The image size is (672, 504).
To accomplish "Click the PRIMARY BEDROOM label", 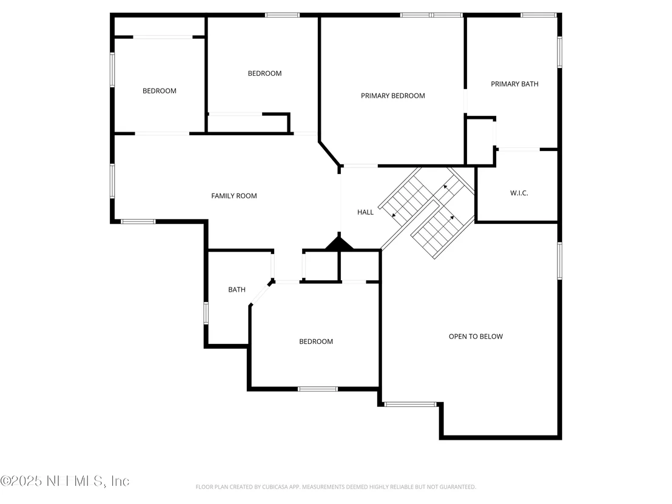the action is (x=392, y=96).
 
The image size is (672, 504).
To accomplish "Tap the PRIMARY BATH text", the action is (x=514, y=84).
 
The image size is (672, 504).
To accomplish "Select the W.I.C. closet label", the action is (x=519, y=193).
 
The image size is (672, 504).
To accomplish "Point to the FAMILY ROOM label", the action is (x=234, y=196).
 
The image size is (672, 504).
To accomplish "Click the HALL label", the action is (x=365, y=212).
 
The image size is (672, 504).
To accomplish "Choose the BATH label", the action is (x=237, y=290).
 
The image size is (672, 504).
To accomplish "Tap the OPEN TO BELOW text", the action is (x=475, y=337).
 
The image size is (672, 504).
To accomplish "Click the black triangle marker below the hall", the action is (x=339, y=242).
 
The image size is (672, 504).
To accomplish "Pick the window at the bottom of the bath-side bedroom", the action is (x=318, y=389).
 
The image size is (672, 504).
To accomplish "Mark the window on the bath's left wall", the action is (x=206, y=314).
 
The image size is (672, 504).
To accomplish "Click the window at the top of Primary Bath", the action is (x=539, y=15).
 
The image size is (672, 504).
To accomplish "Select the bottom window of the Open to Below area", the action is (x=410, y=404).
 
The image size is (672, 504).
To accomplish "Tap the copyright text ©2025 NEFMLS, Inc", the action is (x=65, y=481).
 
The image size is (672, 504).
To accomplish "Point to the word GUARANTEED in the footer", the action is (x=459, y=487).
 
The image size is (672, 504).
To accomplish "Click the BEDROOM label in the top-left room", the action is (x=160, y=91).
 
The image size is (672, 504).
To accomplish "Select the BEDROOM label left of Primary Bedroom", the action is (x=265, y=73).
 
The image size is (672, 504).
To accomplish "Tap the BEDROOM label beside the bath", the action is (x=316, y=341).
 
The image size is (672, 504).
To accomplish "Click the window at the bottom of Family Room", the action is (x=138, y=221).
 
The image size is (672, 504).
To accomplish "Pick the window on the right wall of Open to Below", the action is (x=559, y=261).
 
